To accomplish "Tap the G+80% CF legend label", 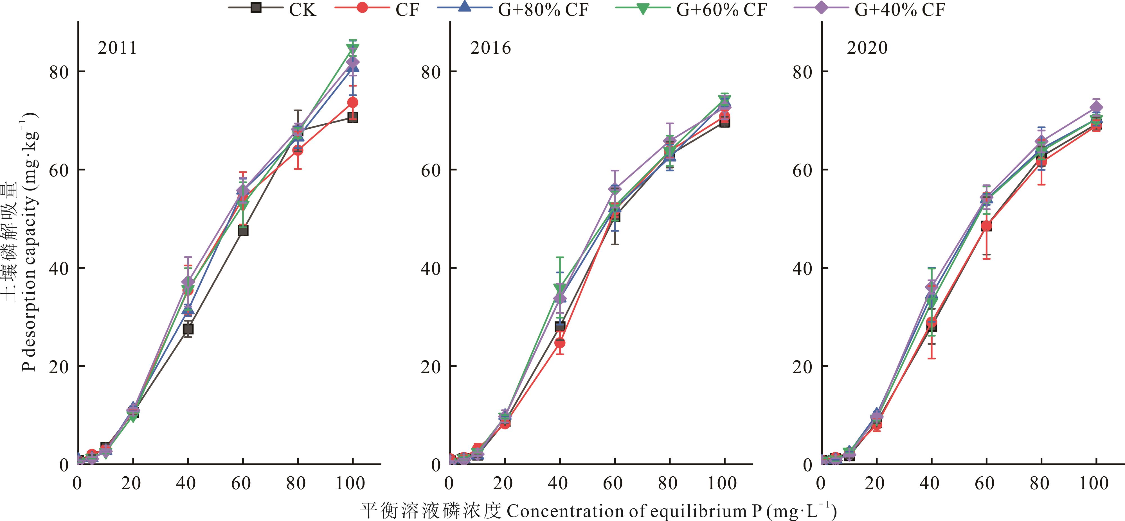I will coord(543,9).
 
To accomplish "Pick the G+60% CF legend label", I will coord(721,9).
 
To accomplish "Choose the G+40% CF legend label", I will coord(900,9).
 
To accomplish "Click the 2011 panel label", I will coord(117,47).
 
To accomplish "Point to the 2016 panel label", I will coord(490,47).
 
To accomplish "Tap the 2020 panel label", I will coord(867,47).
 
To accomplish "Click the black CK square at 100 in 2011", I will coord(352,117).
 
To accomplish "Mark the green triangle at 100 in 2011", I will coord(352,49).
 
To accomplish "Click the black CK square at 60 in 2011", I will coord(243,230).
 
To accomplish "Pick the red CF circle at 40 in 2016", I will coord(560,343).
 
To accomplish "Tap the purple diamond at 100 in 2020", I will coord(1096,107).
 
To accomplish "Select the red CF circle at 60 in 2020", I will coord(986,226).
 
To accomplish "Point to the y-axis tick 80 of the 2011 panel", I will coord(59,72).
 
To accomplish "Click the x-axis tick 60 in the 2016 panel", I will coord(613,483).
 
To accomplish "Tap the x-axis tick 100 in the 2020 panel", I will coord(1093,483).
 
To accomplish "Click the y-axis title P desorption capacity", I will coord(30,242).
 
